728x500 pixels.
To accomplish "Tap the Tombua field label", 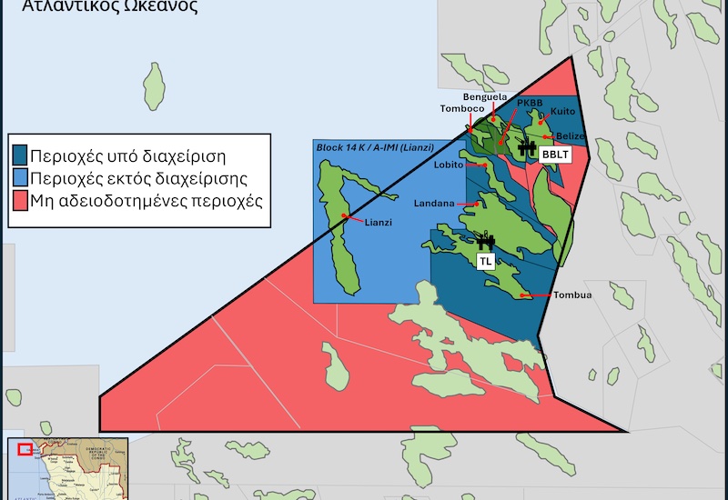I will pyautogui.click(x=571, y=295).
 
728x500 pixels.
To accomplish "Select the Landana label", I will pyautogui.click(x=433, y=204).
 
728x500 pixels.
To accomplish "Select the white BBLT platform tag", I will pyautogui.click(x=553, y=155).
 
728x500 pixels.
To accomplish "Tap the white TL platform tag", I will pyautogui.click(x=486, y=261).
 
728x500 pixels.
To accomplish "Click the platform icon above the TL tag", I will pyautogui.click(x=486, y=242).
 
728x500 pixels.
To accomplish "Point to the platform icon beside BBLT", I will pyautogui.click(x=525, y=147).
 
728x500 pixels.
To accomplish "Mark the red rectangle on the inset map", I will pyautogui.click(x=25, y=449).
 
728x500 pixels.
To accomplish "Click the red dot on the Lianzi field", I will pyautogui.click(x=343, y=215).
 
